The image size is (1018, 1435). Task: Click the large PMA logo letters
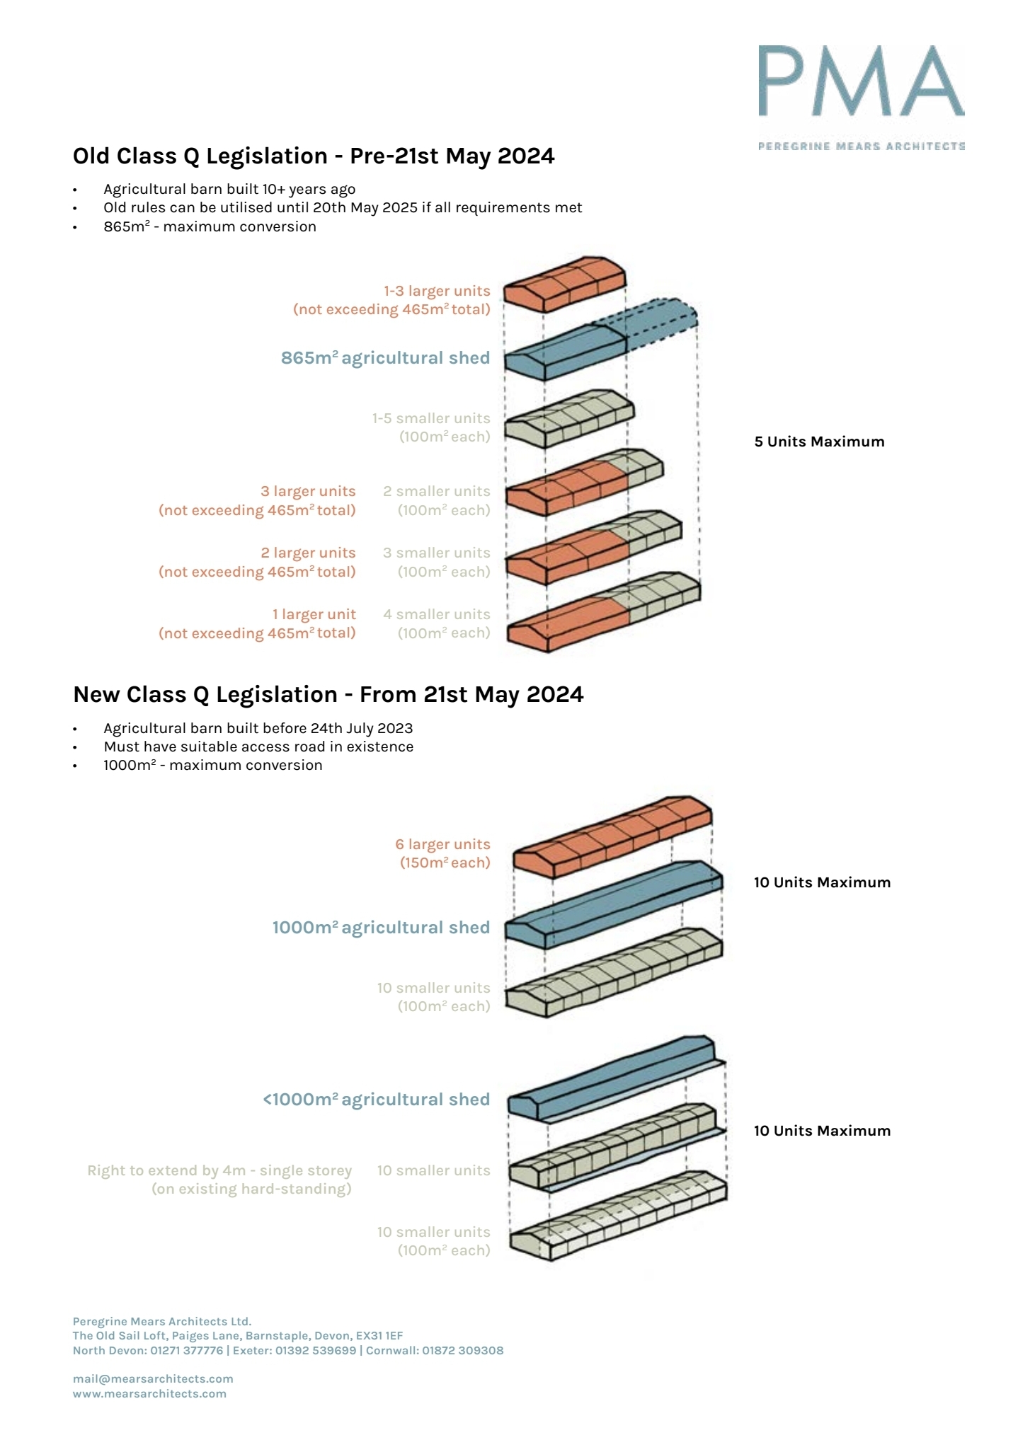861,81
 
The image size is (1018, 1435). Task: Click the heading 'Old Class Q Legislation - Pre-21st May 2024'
314,156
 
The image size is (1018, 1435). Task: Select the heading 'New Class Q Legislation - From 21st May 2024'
328,694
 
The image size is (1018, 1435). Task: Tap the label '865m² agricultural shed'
385,358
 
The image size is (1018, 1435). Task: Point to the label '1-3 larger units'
437,291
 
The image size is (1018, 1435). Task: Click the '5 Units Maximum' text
819,442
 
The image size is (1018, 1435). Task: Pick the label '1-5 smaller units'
431,418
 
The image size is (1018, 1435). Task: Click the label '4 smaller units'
437,614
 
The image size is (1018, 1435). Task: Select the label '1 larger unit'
314,614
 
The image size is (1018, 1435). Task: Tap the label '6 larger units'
442,844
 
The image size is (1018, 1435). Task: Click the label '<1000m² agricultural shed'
376,1100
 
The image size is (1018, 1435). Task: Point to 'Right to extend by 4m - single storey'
219,1170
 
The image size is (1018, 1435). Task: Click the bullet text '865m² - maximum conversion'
210,226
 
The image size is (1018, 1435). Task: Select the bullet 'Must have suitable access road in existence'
258,747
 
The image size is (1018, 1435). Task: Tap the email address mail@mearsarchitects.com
153,1378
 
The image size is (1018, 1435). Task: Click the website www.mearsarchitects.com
149,1393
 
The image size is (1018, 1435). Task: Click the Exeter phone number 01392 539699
316,1350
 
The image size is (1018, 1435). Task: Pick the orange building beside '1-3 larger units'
564,284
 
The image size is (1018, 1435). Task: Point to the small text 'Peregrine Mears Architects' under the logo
861,146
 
